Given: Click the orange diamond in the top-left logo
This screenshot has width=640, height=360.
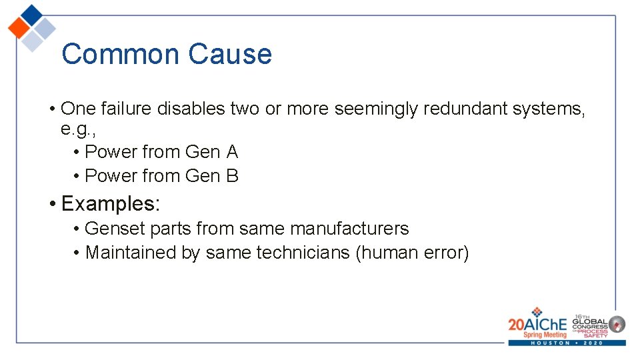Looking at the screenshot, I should tap(19, 29).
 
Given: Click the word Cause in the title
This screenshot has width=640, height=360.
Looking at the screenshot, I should tap(230, 54).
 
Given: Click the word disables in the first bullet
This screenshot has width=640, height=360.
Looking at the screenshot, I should tap(191, 108).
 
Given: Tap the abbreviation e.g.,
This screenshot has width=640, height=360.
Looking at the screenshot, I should tap(79, 129).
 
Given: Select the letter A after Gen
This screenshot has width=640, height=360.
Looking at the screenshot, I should tap(232, 152).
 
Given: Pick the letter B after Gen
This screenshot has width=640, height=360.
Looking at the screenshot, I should tap(232, 176).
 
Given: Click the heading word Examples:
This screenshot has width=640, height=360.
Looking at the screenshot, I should tap(110, 203).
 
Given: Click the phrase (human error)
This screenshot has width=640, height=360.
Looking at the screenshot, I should tap(413, 253).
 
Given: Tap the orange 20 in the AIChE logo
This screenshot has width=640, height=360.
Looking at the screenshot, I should tap(517, 324).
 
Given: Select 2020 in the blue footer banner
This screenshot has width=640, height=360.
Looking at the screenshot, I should tap(593, 343).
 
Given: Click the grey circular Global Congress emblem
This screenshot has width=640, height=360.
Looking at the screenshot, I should tap(617, 324).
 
